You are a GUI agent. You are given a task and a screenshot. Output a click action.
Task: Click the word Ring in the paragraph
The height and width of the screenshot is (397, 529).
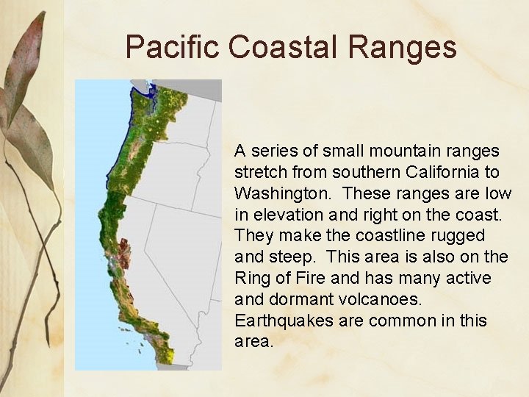[250, 279]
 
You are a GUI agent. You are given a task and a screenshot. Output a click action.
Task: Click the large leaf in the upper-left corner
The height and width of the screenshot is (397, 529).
[26, 66]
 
